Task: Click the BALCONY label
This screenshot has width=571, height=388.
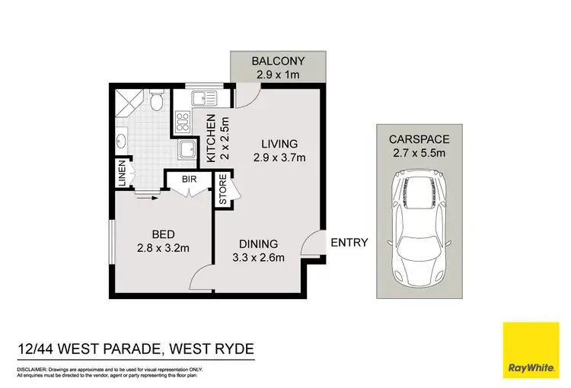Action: [278, 61]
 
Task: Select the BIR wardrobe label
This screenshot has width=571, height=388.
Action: [187, 180]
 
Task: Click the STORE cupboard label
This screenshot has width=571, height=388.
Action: [223, 190]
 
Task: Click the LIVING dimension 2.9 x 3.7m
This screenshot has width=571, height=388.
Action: [279, 158]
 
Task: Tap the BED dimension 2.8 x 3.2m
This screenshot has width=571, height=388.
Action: [163, 247]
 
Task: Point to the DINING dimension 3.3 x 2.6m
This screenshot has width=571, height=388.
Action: [258, 257]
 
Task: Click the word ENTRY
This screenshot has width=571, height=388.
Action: [349, 243]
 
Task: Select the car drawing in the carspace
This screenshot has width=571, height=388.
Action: [421, 227]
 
